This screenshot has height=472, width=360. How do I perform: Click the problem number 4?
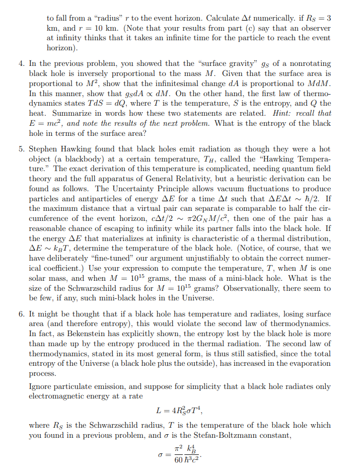pos(22,63)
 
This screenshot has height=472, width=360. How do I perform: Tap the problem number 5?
pos(22,149)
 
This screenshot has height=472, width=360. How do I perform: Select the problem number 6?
pos(22,313)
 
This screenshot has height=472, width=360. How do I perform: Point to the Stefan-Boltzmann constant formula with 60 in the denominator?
pos(180,455)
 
